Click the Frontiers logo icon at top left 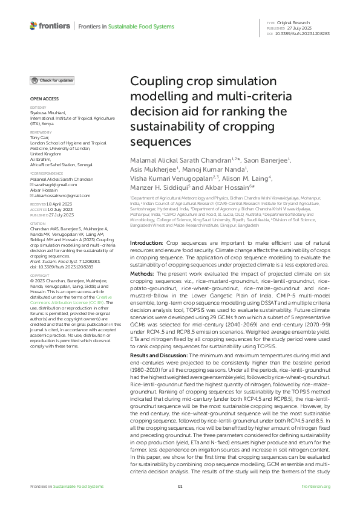34,26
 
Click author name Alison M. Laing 248,178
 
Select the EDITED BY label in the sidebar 38,108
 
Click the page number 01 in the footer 180,487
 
